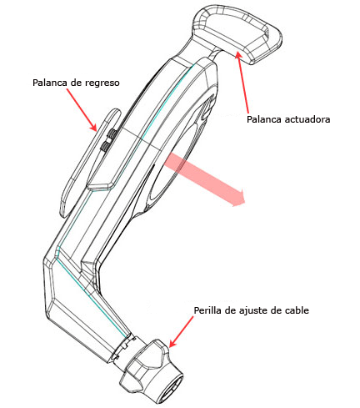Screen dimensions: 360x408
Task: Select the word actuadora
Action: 307,119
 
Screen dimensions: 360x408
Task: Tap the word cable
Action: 297,310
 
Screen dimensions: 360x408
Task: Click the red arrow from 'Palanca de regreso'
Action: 82,109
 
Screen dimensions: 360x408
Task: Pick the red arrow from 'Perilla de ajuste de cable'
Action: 181,332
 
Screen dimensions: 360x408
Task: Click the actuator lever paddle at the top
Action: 237,33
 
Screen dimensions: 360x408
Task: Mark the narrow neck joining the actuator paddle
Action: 216,54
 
